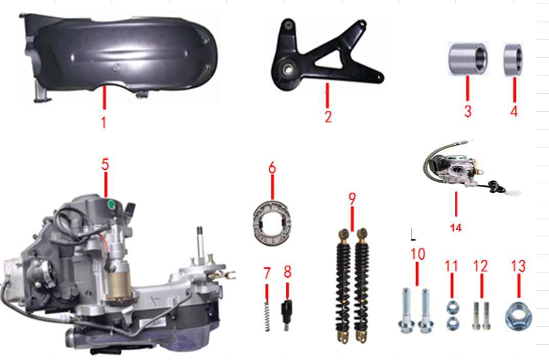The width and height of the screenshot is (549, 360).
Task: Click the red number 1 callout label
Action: tap(104, 122)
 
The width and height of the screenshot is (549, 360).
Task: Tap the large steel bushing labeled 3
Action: tap(468, 58)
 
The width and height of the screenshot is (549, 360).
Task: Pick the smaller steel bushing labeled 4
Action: tap(513, 59)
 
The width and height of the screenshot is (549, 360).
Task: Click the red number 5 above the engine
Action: tap(105, 164)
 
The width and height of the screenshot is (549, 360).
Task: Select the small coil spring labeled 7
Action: tap(267, 316)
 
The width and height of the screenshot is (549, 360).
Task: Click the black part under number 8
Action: tap(287, 314)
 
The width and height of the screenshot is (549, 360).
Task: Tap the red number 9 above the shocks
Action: tap(352, 199)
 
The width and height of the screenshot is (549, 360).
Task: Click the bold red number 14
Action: tap(455, 228)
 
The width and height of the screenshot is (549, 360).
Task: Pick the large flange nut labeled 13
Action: tap(518, 317)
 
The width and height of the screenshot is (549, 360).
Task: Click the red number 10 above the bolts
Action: tap(418, 254)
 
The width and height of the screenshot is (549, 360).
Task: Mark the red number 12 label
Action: tap(480, 266)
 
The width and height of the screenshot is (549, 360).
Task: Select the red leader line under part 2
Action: tap(327, 95)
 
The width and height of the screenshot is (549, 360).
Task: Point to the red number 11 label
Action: tap(451, 266)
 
